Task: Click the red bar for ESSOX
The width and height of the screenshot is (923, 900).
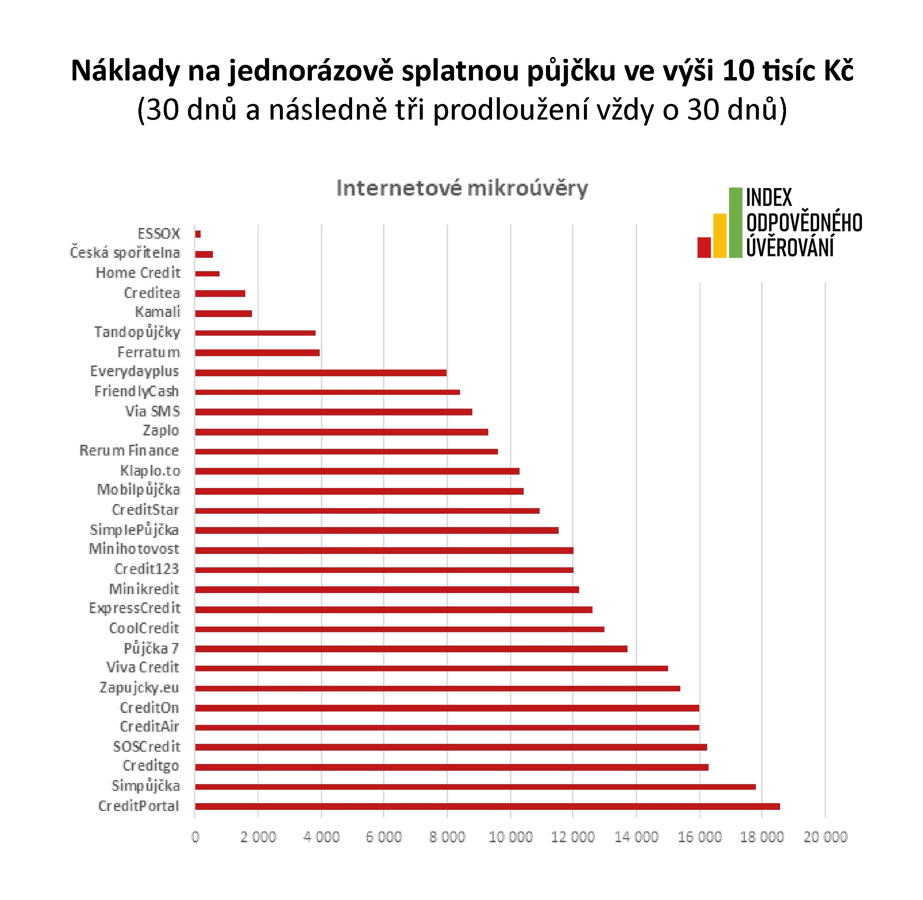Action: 198,234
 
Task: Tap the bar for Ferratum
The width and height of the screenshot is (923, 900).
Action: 258,353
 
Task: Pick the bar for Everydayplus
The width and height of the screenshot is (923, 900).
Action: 321,373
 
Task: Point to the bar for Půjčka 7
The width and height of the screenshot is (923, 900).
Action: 411,649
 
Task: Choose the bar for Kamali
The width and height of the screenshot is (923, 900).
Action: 223,313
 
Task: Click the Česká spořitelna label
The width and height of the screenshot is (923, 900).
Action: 125,253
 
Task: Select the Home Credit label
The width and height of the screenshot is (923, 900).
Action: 138,273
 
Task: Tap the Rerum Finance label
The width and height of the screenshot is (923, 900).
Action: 129,450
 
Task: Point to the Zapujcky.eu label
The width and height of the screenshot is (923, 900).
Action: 139,688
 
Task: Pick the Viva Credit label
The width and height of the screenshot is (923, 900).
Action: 142,668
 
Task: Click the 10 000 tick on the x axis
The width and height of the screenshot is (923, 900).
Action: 510,837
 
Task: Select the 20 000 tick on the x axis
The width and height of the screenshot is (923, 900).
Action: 825,837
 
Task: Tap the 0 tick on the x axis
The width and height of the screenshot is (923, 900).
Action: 195,837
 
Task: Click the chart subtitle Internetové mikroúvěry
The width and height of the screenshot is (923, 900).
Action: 461,188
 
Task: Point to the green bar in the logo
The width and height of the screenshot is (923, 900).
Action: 735,222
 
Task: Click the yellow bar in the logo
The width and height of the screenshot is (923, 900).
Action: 719,235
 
